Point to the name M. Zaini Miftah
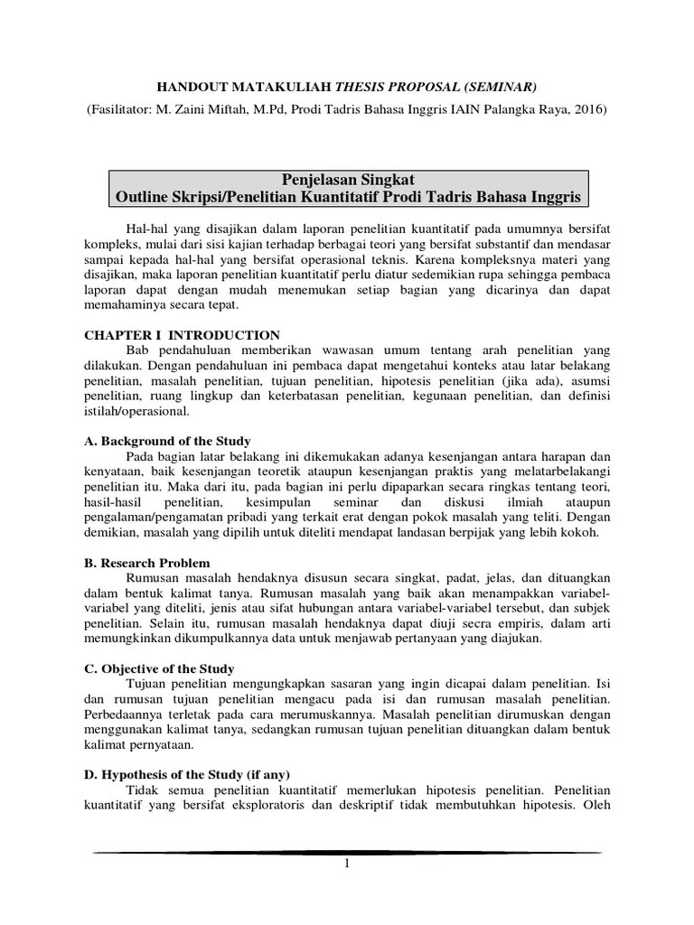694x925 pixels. [227, 110]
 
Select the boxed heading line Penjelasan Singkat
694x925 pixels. [348, 180]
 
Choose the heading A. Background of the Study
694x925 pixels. [167, 442]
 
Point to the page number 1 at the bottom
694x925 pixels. [346, 864]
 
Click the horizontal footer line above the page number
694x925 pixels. [346, 852]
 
